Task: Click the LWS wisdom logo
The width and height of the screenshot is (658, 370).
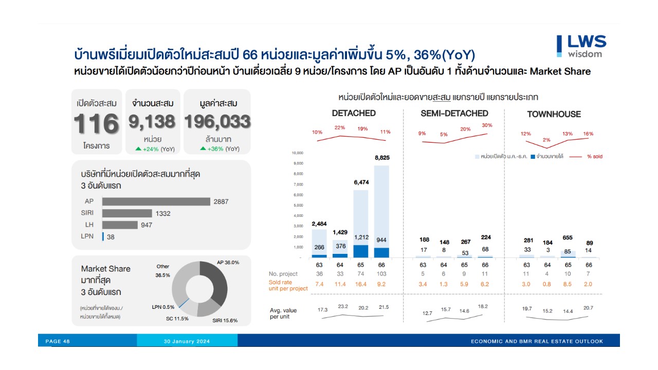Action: (581, 46)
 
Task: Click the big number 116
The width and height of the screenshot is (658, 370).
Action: (96, 123)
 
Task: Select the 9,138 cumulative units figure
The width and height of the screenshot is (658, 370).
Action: (152, 122)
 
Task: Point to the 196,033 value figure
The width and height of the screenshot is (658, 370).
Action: (217, 122)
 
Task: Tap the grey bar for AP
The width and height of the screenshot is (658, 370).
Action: (156, 201)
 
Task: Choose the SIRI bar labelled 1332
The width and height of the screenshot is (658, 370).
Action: (127, 213)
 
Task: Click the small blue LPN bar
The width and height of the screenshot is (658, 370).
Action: (103, 237)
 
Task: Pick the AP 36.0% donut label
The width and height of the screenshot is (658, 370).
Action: (228, 262)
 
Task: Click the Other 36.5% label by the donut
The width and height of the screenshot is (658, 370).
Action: (163, 270)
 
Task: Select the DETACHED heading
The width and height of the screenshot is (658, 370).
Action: (354, 113)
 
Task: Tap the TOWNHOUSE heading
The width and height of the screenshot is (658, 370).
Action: (554, 114)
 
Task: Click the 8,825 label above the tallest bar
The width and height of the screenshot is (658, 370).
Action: (382, 158)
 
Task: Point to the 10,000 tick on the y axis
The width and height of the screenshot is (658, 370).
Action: (298, 153)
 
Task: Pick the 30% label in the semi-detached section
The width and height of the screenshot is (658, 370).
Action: (487, 125)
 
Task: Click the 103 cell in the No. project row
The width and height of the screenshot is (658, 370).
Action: (382, 274)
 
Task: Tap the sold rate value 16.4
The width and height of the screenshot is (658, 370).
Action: (361, 284)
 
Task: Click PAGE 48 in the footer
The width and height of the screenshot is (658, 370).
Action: (58, 341)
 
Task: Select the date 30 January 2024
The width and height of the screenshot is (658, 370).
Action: (187, 341)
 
